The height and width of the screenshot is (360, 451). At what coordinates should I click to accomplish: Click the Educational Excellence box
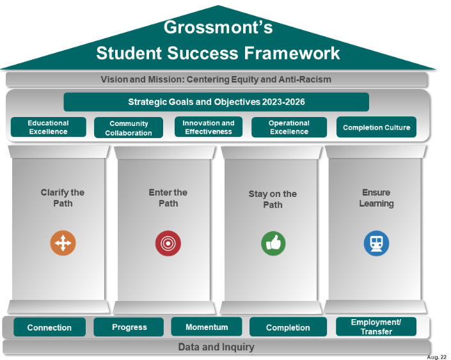click(48, 127)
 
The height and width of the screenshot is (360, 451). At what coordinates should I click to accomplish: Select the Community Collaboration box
click(129, 128)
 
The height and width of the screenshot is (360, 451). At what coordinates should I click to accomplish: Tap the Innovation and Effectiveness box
click(209, 127)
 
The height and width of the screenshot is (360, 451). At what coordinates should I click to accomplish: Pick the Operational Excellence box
click(289, 127)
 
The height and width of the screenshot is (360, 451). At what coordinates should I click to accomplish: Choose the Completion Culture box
click(376, 127)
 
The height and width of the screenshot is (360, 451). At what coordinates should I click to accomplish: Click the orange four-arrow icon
click(63, 243)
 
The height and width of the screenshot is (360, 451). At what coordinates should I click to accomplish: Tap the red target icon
click(168, 243)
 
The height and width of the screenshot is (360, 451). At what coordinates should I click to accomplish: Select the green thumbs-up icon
click(273, 243)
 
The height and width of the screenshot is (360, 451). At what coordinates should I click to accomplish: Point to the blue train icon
click(376, 243)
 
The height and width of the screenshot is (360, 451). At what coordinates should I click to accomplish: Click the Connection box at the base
click(49, 327)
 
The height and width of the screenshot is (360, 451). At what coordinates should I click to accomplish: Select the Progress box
click(129, 327)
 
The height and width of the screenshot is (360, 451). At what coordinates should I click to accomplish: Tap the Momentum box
click(207, 327)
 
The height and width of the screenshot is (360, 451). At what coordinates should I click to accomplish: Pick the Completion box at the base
click(288, 327)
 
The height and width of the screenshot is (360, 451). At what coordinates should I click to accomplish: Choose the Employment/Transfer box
click(376, 327)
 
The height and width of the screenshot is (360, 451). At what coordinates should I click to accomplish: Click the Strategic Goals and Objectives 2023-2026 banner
click(216, 102)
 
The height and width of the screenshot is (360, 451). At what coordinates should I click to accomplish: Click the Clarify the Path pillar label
click(63, 198)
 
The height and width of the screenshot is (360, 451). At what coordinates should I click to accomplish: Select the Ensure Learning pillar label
click(376, 198)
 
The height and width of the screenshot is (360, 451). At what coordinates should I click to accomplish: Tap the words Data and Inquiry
click(216, 347)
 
